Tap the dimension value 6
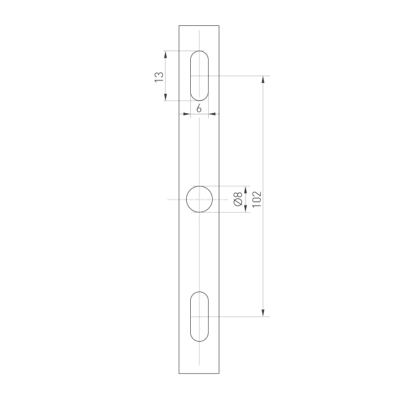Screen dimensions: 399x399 [x=199, y=107]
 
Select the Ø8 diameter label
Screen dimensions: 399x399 [x=237, y=199]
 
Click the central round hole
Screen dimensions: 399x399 [x=199, y=199]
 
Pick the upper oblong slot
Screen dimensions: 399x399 [x=199, y=76]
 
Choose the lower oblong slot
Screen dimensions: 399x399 [x=199, y=317]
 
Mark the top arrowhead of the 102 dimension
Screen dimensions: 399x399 [x=265, y=79]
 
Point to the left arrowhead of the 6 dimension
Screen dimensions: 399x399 [x=188, y=114]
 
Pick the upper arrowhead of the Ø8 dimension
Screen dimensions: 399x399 [x=246, y=189]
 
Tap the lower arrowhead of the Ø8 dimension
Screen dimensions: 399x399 [x=246, y=209]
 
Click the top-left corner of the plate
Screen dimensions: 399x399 [x=179, y=25]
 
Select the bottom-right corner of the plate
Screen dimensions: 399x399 [x=220, y=373]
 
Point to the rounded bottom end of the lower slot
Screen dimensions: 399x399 [x=199, y=339]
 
